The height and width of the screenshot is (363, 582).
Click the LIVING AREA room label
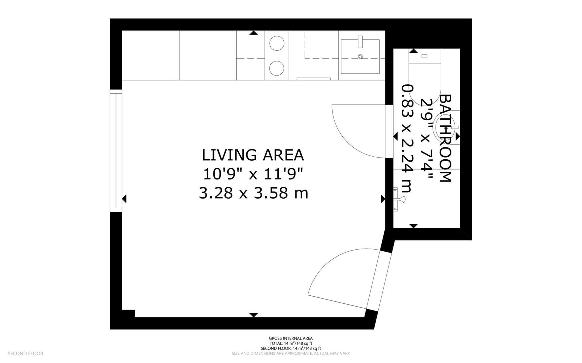pos(253,155)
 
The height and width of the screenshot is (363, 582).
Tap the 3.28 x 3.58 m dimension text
pos(253,193)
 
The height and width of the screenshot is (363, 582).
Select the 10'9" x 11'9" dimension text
pos(253,174)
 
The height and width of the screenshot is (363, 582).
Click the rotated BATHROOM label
pos(445,138)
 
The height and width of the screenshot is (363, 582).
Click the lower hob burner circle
pos(277,68)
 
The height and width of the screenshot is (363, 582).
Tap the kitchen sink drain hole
pos(360,56)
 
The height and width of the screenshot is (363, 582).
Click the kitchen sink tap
pos(360,41)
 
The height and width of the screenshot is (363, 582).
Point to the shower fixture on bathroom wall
pos(400,199)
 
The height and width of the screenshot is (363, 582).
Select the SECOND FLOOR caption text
pos(26,354)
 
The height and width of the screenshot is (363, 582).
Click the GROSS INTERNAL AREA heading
pos(290,338)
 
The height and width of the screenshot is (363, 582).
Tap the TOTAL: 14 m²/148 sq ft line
pos(290,344)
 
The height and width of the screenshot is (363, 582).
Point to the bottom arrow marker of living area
pos(253,315)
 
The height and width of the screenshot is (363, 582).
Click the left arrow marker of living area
pos(124,199)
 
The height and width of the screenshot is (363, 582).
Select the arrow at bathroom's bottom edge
pos(414,226)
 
